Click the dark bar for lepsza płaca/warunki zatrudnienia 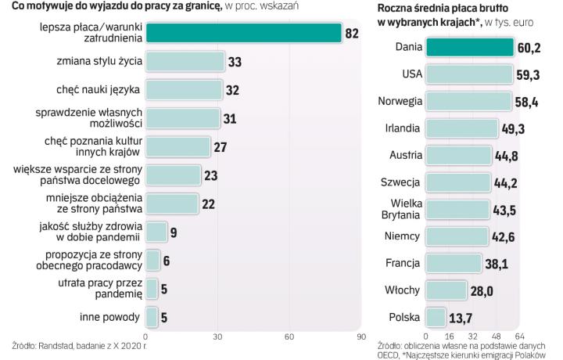(x=243, y=32)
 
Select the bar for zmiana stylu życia (x=185, y=61)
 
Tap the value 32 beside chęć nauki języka (x=232, y=89)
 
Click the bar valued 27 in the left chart (x=178, y=146)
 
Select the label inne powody (x=109, y=317)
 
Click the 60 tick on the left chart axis (x=289, y=337)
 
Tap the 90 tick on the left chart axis (x=361, y=337)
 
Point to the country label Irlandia (x=403, y=128)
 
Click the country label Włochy (x=404, y=290)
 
